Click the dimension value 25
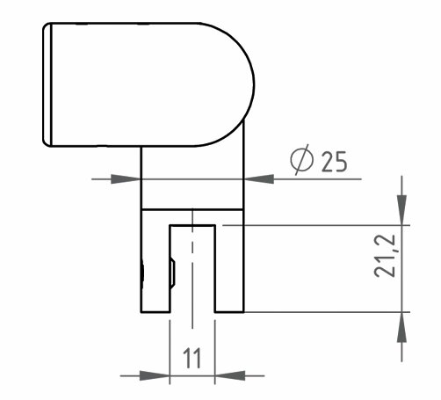click(334, 162)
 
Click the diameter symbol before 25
click(301, 160)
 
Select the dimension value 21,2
click(385, 256)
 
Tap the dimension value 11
click(192, 358)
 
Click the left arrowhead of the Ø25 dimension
click(126, 179)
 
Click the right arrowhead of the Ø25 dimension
click(259, 179)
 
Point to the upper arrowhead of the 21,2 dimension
click(401, 210)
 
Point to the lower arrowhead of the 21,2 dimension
click(401, 327)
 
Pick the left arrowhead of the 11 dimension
click(155, 375)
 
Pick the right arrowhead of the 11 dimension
click(230, 375)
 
